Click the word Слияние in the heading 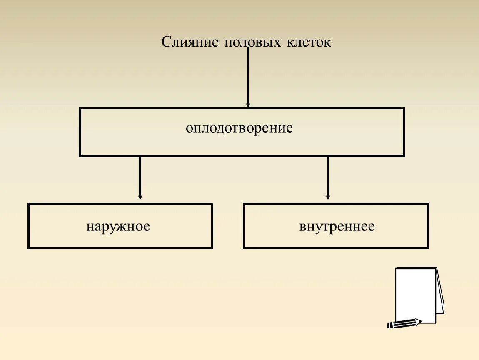click(x=190, y=42)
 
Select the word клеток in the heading click(x=308, y=42)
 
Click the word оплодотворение click(x=239, y=128)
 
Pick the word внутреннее click(x=337, y=227)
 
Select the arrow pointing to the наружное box click(x=140, y=177)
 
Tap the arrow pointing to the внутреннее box click(x=328, y=177)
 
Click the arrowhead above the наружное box click(x=140, y=197)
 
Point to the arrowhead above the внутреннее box click(x=328, y=197)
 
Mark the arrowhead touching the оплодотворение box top click(x=248, y=105)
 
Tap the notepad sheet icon click(x=415, y=294)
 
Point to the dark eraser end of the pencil click(x=389, y=325)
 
